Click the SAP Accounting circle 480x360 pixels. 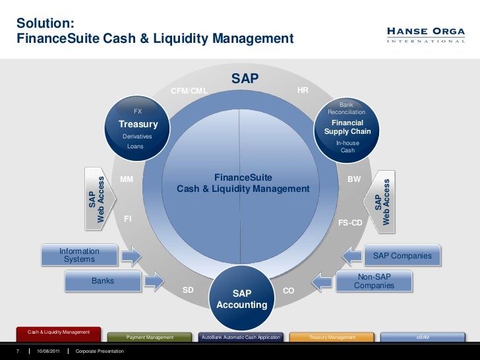[241, 299]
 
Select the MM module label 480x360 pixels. [127, 179]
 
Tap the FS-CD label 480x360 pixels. [350, 223]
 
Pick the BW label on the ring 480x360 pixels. [354, 179]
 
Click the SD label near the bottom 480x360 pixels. [189, 290]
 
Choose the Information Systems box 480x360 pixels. [79, 255]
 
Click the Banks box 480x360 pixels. [103, 281]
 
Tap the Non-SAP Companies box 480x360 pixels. [374, 282]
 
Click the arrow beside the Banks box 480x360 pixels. [153, 282]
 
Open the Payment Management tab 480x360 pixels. [150, 337]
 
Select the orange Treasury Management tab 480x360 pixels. [332, 337]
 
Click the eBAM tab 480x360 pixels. [422, 337]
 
